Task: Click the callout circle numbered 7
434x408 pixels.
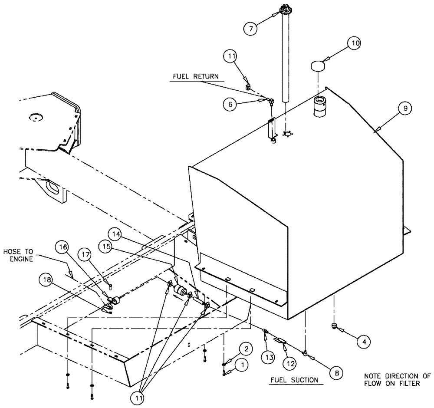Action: [250, 29]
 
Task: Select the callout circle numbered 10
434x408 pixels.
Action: [355, 44]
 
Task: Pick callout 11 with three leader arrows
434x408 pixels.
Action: [138, 396]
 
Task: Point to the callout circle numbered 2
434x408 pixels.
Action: [246, 348]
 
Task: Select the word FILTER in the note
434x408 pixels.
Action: [408, 383]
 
